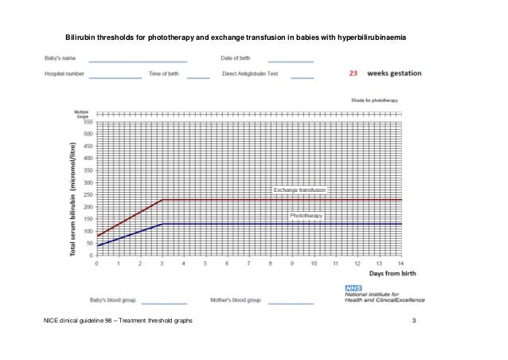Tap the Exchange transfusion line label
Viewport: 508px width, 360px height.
coord(300,190)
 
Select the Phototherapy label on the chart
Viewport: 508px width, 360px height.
coord(305,216)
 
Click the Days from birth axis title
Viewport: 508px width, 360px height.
coord(377,273)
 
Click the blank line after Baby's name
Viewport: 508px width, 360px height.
coord(137,61)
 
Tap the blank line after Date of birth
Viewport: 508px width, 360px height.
coord(290,61)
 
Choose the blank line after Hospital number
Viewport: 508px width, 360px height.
coord(115,77)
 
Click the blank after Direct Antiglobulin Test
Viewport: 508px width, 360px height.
coord(302,77)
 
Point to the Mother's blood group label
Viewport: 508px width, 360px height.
coord(236,301)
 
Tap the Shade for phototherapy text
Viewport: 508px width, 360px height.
coord(380,101)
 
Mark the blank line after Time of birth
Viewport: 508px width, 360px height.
coord(198,77)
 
